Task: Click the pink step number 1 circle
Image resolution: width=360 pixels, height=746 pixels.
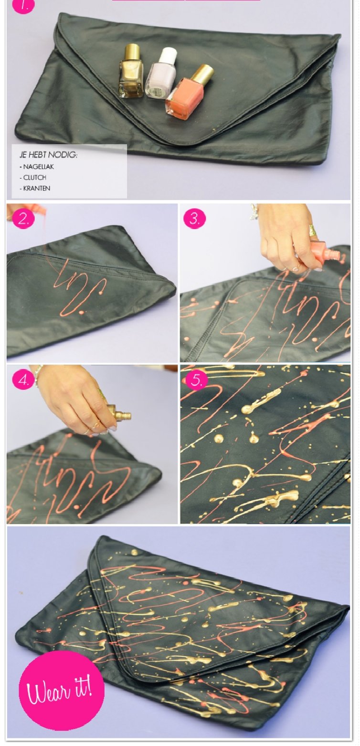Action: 23,5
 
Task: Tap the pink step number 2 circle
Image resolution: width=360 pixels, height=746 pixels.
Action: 23,219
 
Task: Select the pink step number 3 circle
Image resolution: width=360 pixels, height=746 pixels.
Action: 195,219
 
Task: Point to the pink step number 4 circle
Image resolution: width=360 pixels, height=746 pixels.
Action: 23,380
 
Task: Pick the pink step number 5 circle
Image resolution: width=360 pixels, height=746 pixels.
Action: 197,380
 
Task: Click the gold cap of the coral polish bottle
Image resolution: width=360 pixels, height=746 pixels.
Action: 202,74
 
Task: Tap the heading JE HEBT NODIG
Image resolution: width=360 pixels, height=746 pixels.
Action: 48,155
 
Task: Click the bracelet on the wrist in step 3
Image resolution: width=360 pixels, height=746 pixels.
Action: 254,212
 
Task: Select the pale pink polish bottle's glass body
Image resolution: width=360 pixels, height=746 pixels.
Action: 160,81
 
